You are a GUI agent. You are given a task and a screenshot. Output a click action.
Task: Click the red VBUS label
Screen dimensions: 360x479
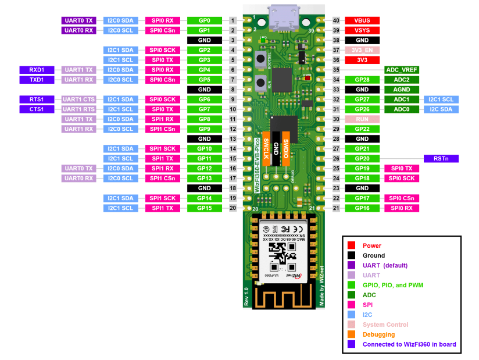(362, 20)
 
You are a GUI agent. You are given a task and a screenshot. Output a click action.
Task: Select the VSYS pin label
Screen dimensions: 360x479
(362, 30)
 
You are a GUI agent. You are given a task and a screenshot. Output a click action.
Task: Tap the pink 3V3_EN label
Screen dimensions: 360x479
(362, 50)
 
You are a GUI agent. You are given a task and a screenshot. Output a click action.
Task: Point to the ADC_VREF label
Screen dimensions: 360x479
(402, 70)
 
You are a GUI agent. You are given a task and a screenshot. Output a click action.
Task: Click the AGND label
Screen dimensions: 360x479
(402, 90)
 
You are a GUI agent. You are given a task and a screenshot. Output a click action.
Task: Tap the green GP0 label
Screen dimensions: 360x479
(204, 20)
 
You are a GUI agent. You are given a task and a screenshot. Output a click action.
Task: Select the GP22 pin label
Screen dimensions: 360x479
(362, 129)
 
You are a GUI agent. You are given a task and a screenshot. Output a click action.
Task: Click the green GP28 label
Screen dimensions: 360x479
(362, 80)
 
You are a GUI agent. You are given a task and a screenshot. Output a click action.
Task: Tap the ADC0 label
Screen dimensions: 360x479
(402, 109)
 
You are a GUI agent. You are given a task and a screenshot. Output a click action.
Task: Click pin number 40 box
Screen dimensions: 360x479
(336, 20)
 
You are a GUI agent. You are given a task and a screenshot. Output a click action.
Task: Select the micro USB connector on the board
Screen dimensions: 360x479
(284, 17)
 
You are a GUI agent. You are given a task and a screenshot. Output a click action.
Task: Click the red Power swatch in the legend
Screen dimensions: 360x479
(351, 245)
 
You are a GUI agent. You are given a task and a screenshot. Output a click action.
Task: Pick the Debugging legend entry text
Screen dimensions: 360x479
(378, 334)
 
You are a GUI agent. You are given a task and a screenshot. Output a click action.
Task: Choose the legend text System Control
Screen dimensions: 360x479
(385, 325)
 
